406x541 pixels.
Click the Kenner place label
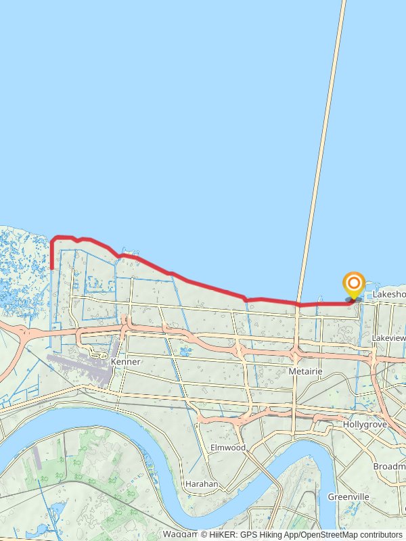[x=125, y=362]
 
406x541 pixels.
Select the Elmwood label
[x=227, y=448]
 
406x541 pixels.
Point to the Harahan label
[x=201, y=484]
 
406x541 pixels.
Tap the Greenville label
[x=348, y=496]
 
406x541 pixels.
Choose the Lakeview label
[x=389, y=337]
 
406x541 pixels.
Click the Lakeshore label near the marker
[x=389, y=295]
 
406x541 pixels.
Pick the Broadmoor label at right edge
[x=389, y=467]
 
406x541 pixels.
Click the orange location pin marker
[x=353, y=285]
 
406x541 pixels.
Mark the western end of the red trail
[x=52, y=268]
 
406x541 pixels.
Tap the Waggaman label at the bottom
[x=179, y=534]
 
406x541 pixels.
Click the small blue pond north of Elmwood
[x=185, y=351]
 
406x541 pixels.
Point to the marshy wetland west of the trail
[x=20, y=264]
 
